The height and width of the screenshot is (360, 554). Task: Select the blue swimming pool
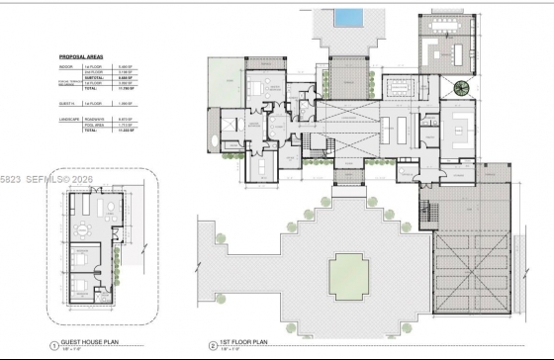(346, 18)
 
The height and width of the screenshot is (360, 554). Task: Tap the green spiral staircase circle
(462, 88)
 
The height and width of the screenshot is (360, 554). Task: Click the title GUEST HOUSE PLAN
(91, 345)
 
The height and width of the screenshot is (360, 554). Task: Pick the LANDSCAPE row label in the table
(69, 119)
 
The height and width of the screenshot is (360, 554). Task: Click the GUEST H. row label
(67, 103)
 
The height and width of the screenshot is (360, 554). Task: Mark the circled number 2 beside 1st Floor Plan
(212, 346)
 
